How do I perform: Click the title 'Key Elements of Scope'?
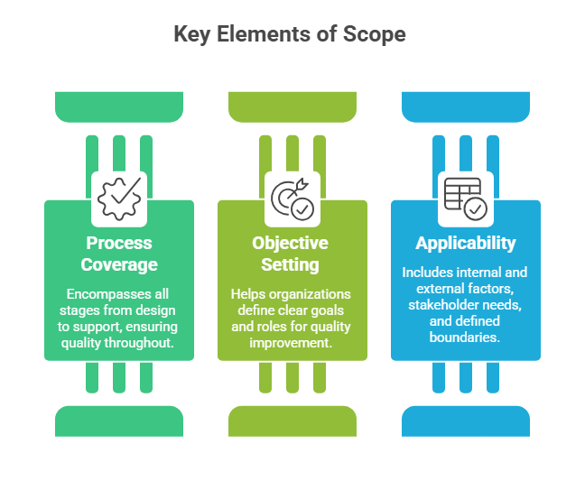(290, 34)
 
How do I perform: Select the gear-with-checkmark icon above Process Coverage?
(119, 199)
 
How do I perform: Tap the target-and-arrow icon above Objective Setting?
(292, 199)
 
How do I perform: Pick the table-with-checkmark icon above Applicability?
(465, 199)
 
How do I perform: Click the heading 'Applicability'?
(466, 243)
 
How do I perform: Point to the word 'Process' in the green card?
(119, 243)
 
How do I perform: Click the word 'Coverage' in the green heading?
(119, 264)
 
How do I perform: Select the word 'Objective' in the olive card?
(291, 243)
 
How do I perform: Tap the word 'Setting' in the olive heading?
(291, 264)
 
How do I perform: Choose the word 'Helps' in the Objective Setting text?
(249, 294)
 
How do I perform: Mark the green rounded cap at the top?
(119, 106)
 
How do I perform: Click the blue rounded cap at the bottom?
(466, 421)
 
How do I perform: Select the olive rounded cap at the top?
(292, 106)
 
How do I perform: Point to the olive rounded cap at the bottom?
(292, 421)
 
